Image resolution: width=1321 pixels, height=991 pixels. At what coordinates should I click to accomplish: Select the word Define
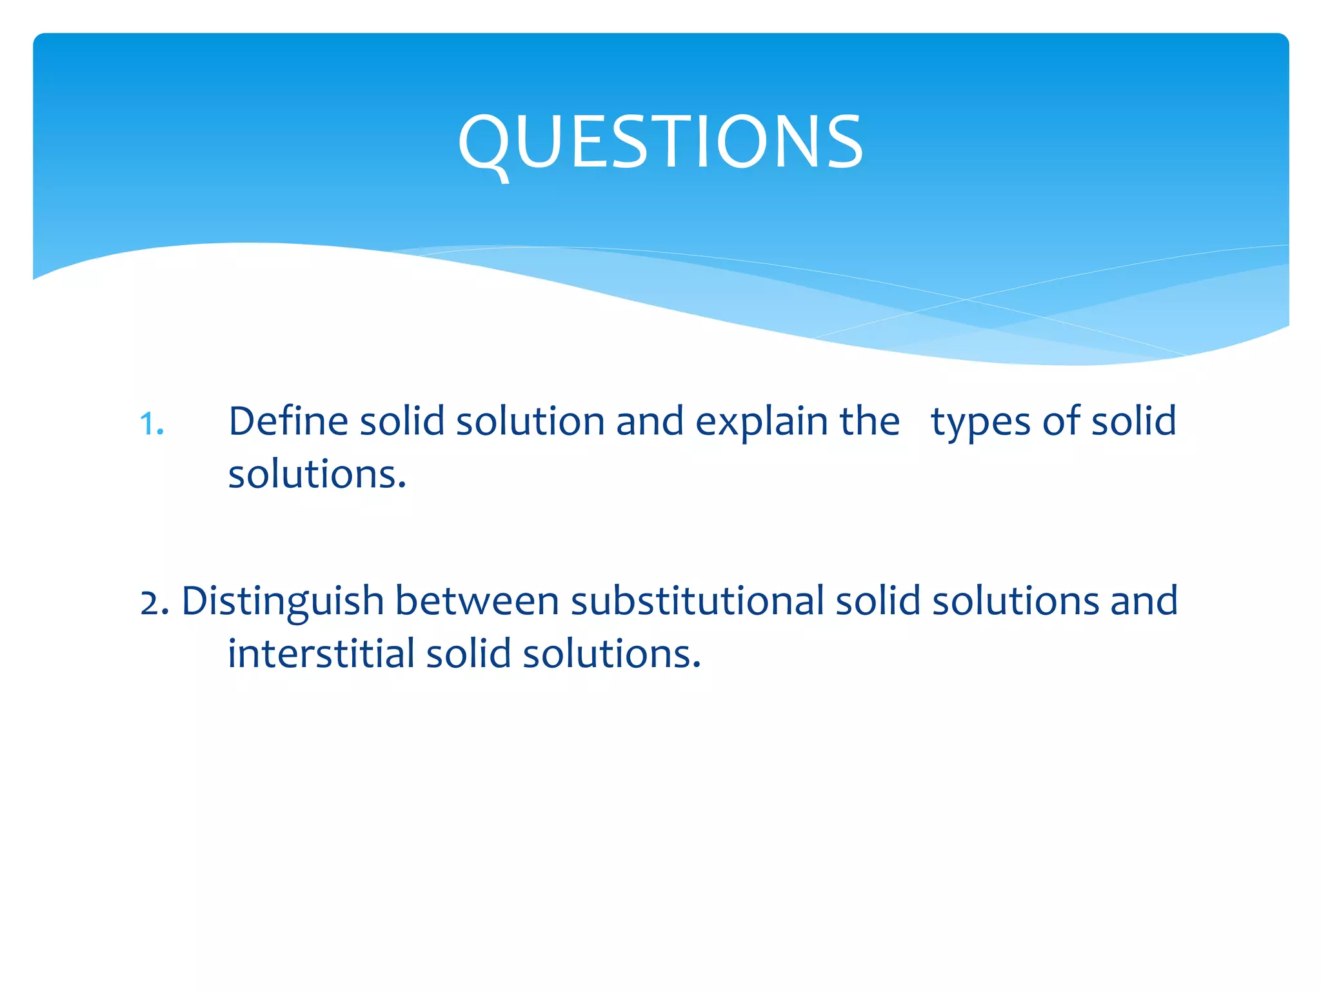[288, 421]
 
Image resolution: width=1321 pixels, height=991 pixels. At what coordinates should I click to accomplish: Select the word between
[477, 601]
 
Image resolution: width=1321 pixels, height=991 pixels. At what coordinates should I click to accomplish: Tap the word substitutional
[697, 601]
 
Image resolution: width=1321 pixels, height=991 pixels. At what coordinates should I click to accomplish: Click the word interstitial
[321, 654]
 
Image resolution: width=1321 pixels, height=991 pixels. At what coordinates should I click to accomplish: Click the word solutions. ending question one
[317, 474]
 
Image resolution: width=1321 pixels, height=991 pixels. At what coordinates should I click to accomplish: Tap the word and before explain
[650, 421]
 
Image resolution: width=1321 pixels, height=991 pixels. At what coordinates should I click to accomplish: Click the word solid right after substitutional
[878, 601]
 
